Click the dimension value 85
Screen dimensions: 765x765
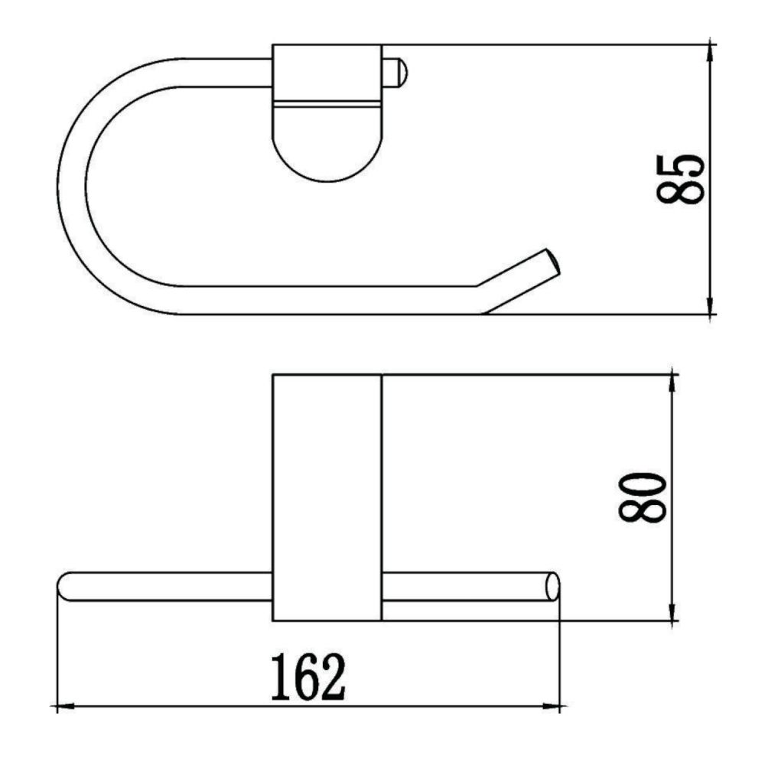click(x=680, y=177)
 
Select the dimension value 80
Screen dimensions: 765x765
click(x=640, y=498)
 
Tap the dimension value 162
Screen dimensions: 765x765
click(x=308, y=677)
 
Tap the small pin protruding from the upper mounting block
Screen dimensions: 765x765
click(x=396, y=73)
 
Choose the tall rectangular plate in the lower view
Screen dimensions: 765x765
click(x=327, y=497)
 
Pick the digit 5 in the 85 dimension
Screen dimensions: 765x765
click(x=680, y=164)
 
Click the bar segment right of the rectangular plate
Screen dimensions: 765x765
click(x=467, y=586)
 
